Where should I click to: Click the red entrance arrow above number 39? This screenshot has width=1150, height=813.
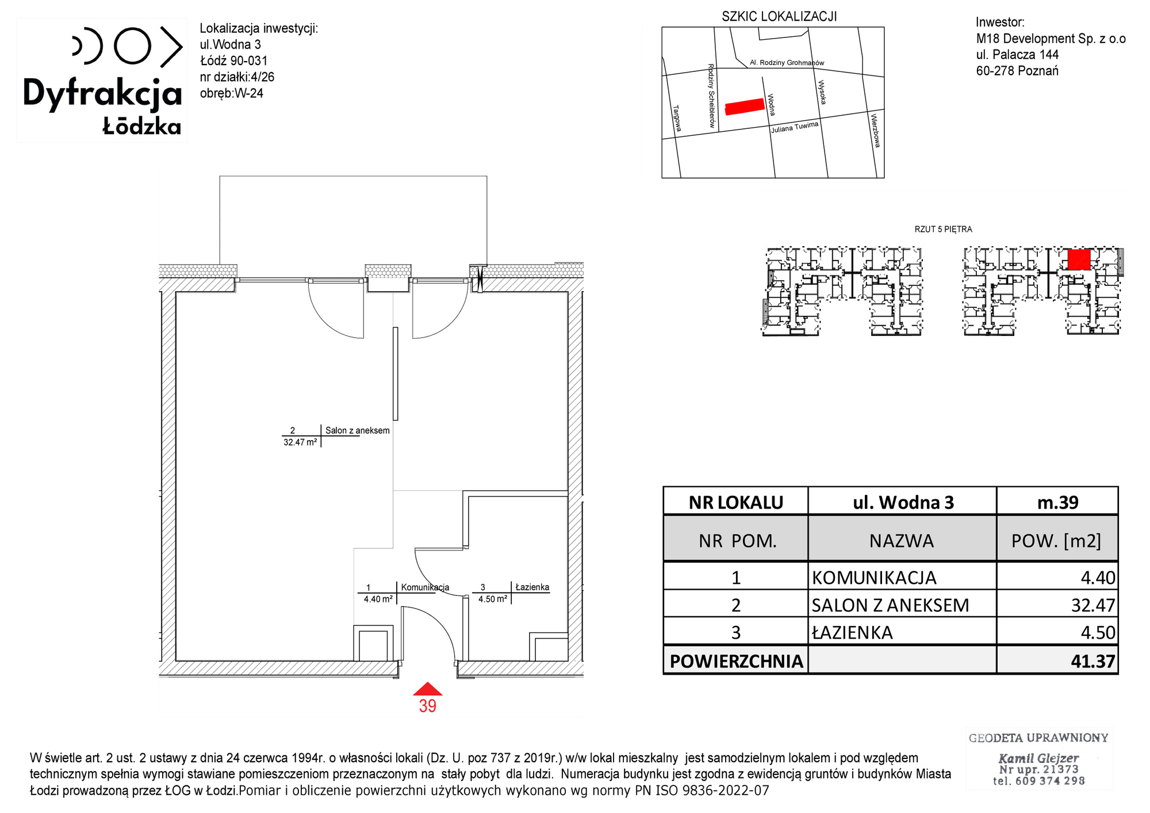(x=427, y=689)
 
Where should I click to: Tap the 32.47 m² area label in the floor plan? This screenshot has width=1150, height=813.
(x=300, y=442)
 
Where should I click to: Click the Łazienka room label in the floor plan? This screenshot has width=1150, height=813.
(x=532, y=587)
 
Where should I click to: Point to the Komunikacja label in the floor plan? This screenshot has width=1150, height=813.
(x=425, y=587)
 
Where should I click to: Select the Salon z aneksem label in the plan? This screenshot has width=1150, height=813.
(x=358, y=430)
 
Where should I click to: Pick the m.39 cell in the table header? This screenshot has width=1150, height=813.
(x=1057, y=502)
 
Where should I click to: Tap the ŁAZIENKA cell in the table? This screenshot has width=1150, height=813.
(x=852, y=633)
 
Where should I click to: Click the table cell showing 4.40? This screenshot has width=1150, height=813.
(x=1098, y=578)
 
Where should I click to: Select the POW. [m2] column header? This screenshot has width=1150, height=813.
(x=1056, y=541)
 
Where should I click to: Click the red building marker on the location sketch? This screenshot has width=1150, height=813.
(x=745, y=106)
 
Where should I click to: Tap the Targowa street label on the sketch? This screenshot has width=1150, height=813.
(x=677, y=118)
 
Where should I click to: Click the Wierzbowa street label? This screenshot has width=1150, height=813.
(x=875, y=131)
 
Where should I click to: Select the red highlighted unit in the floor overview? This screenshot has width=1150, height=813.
(x=1079, y=259)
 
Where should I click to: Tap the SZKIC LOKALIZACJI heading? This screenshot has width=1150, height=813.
(x=779, y=17)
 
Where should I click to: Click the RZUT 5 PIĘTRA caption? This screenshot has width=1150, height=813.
(x=943, y=229)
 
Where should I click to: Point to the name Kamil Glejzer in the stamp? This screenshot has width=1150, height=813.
(x=1038, y=758)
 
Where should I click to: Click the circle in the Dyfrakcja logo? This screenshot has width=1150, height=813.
(x=132, y=45)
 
